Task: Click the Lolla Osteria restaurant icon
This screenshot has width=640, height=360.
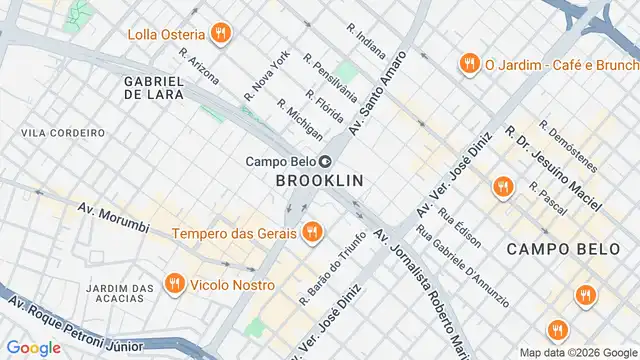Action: click(x=222, y=35)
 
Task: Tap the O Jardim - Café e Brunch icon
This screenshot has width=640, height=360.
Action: click(x=467, y=65)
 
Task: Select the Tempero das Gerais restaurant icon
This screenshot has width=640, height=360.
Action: click(x=311, y=233)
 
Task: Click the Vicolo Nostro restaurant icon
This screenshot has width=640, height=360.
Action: click(x=175, y=284)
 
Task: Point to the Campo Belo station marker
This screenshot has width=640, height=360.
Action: click(x=326, y=162)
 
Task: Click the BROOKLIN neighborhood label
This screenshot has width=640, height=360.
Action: click(x=318, y=181)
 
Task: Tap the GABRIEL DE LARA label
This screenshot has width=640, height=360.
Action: click(x=153, y=87)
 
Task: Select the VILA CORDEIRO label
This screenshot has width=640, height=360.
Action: click(x=63, y=132)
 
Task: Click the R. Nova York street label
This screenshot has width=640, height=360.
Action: click(x=266, y=76)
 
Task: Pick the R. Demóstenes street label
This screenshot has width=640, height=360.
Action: click(x=568, y=147)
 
